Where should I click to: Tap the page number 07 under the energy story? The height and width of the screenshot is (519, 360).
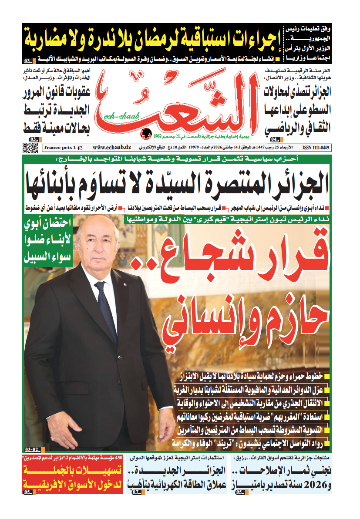(x=136, y=492)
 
